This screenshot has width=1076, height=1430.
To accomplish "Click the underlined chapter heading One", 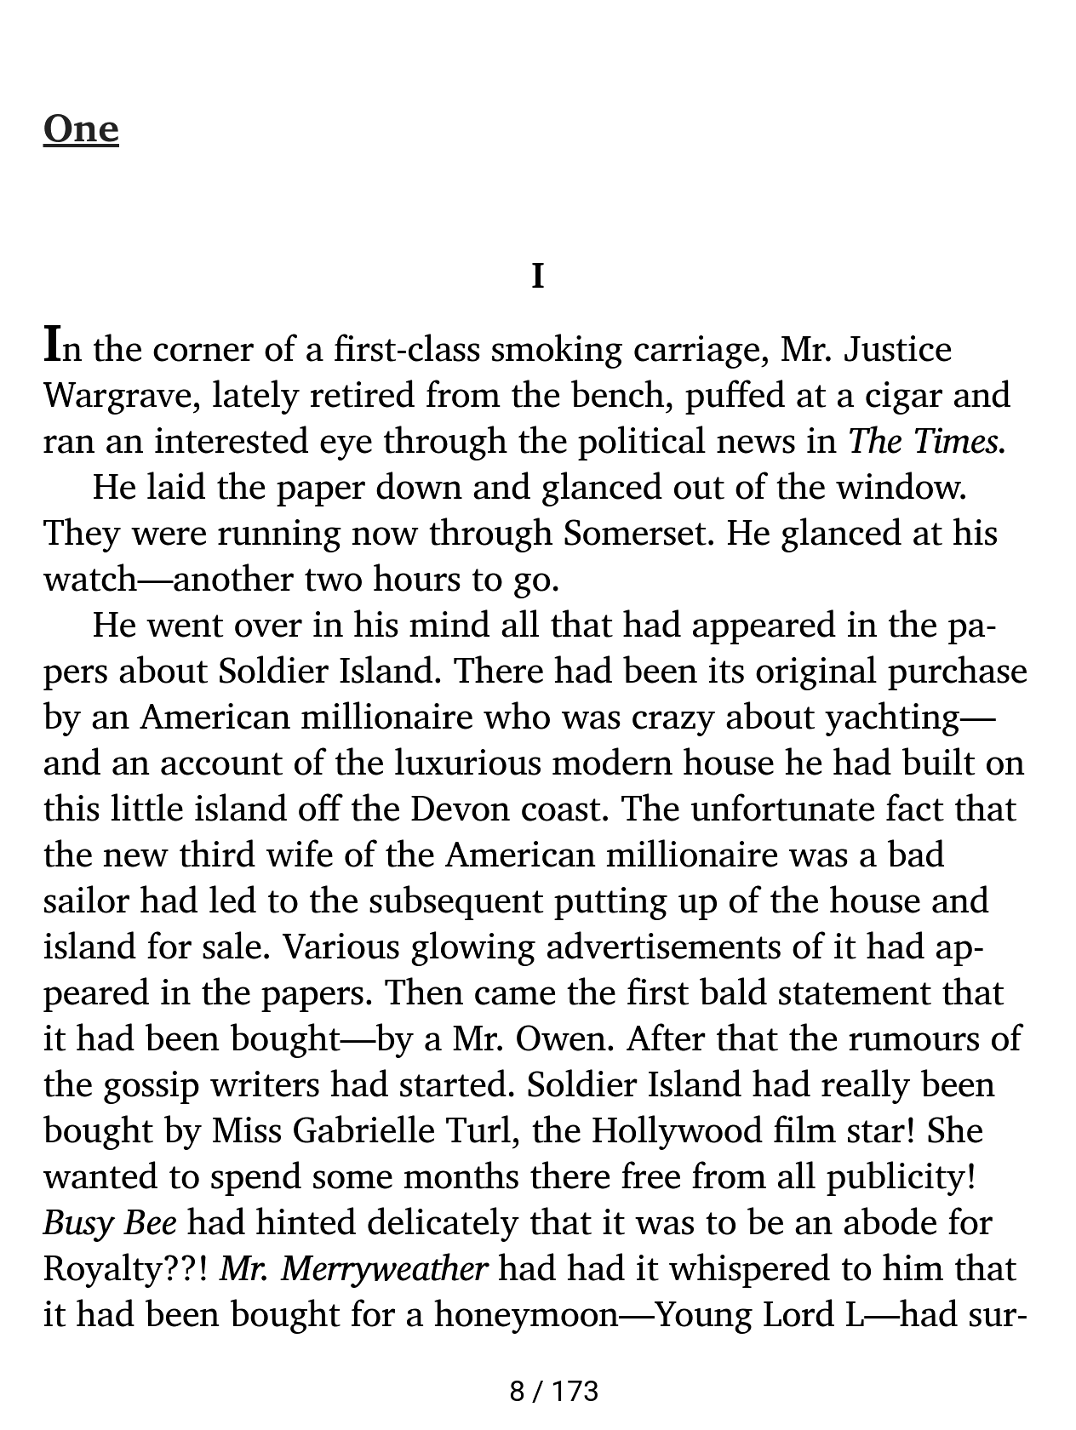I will (81, 129).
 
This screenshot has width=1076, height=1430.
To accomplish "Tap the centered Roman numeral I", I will (537, 277).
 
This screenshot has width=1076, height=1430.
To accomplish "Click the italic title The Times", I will (926, 442).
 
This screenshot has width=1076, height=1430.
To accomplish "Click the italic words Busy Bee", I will (110, 1223).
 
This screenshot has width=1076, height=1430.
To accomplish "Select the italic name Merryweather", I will (384, 1269).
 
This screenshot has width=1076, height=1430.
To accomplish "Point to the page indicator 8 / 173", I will (553, 1392).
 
